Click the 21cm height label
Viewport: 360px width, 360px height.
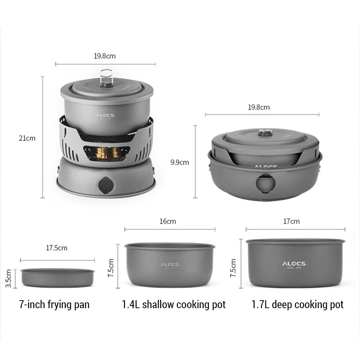27,138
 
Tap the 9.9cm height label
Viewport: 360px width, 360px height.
180,162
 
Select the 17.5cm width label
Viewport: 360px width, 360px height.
57,248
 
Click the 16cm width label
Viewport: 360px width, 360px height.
168,221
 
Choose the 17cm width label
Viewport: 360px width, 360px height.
291,221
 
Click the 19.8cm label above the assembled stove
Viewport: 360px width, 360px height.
105,56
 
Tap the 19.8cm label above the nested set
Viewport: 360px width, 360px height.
259,107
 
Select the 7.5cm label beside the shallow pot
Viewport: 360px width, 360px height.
111,267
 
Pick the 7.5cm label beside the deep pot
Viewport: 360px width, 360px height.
233,267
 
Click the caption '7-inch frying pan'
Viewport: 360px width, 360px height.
54,305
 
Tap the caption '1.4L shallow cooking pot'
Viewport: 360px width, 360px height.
174,305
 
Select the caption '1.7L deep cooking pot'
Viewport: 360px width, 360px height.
297,305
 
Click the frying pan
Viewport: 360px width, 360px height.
58,278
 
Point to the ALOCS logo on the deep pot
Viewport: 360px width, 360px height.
294,264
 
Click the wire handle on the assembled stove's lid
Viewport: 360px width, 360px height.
106,77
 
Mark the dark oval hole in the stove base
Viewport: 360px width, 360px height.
105,185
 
